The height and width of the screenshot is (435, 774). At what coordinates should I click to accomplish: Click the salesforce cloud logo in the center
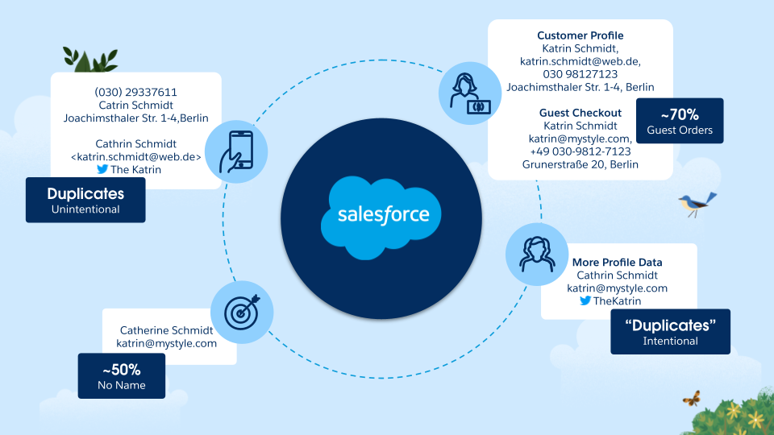tap(384, 214)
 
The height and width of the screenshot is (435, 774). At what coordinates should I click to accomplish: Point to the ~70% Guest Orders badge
tap(679, 122)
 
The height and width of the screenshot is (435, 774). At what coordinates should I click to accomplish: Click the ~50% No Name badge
tap(121, 376)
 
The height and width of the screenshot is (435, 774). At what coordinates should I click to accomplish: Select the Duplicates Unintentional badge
tap(85, 200)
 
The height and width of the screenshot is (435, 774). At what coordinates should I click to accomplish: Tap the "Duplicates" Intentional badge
tap(670, 331)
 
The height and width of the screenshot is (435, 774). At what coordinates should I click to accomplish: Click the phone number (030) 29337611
tap(135, 92)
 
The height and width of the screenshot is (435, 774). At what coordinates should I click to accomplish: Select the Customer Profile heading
tap(580, 35)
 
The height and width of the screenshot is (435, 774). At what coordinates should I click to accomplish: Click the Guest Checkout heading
tap(580, 113)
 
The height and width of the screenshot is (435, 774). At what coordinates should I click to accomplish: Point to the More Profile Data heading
tap(617, 263)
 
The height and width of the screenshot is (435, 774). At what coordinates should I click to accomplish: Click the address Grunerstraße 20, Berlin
tap(580, 164)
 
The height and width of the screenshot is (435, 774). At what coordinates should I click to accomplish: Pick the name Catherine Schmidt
tap(166, 330)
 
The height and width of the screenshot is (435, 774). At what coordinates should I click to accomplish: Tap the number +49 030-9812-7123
tap(580, 151)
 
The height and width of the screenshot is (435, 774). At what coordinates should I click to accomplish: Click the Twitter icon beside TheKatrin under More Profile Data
tap(585, 301)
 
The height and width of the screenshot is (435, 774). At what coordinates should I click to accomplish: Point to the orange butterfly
tap(691, 398)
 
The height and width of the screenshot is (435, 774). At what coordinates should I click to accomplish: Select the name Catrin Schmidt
tap(135, 105)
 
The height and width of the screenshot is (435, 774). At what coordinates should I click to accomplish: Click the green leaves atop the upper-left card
tap(90, 60)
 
